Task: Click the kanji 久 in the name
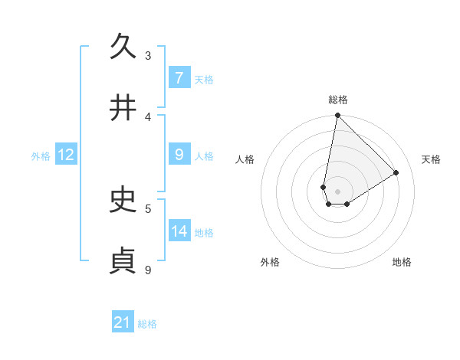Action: click(123, 47)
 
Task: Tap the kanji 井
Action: click(123, 108)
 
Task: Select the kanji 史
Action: click(123, 200)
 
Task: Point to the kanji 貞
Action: click(123, 260)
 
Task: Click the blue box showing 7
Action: click(179, 77)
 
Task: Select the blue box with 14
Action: click(179, 231)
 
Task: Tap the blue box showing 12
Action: click(66, 155)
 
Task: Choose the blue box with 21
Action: click(123, 322)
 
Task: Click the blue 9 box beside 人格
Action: click(179, 155)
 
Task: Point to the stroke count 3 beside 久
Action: click(148, 55)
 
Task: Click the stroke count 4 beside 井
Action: click(148, 116)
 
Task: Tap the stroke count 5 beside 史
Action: click(148, 208)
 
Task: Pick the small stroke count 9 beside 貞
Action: click(148, 270)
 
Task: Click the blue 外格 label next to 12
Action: click(41, 155)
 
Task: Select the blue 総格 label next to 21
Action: click(148, 323)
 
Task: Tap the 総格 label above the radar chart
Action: click(338, 100)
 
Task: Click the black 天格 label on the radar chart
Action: click(431, 159)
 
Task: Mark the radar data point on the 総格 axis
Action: click(337, 116)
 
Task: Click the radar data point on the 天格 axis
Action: click(396, 173)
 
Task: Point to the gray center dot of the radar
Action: click(337, 191)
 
